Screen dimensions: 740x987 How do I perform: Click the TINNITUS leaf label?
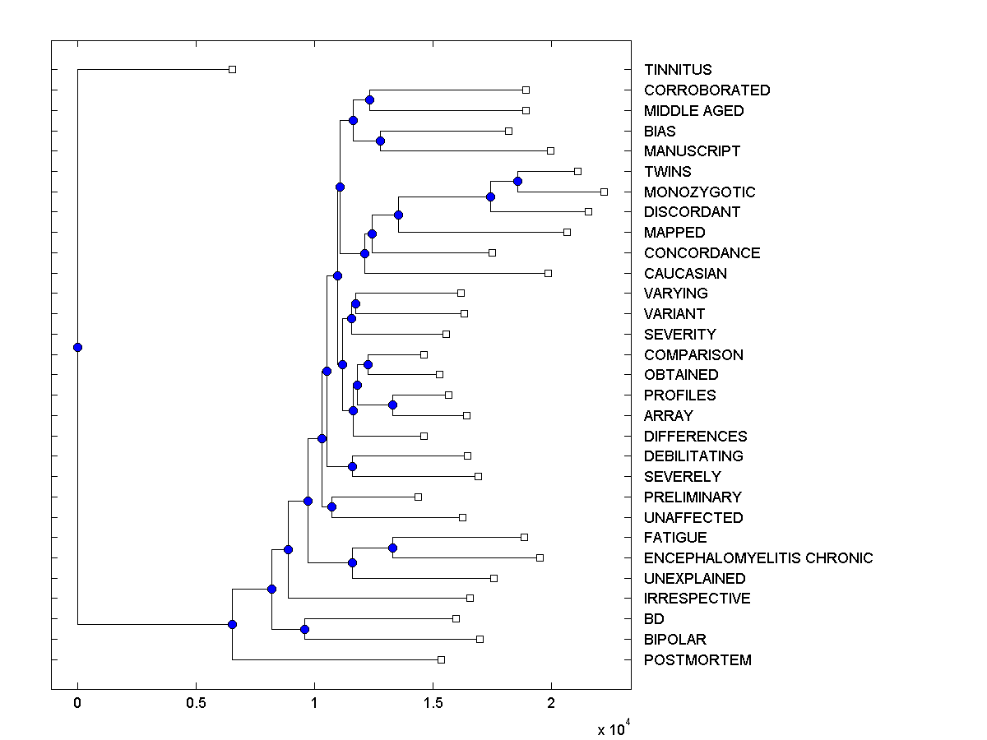pos(678,70)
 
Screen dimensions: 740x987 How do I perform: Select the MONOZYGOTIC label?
pos(699,192)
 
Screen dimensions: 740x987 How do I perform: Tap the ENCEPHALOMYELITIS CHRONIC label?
pos(758,558)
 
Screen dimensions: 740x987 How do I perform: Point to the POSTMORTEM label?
pos(697,660)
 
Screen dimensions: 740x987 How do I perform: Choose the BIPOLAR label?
pos(674,640)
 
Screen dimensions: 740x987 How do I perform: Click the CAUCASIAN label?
pos(685,274)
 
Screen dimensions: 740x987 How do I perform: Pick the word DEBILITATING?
pos(693,456)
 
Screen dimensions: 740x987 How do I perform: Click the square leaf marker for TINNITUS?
pos(232,69)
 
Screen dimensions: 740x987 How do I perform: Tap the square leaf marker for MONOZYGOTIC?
pos(604,192)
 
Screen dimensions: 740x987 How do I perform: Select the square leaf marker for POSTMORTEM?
pos(441,659)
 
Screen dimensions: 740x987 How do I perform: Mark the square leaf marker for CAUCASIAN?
pos(548,273)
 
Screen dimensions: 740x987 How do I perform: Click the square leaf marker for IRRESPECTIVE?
pos(470,598)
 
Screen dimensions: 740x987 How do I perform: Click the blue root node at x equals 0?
pos(77,347)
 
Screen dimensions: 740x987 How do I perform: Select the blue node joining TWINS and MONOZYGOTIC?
pos(517,181)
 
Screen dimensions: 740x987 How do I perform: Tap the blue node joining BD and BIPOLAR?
pos(304,629)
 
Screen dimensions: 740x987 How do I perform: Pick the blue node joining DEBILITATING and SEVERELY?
pos(352,466)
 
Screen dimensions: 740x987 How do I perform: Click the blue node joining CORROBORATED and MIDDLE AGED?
pos(369,99)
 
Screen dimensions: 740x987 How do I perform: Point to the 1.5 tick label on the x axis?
pos(433,703)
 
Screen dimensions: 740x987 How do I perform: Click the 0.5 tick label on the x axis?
pos(196,703)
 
